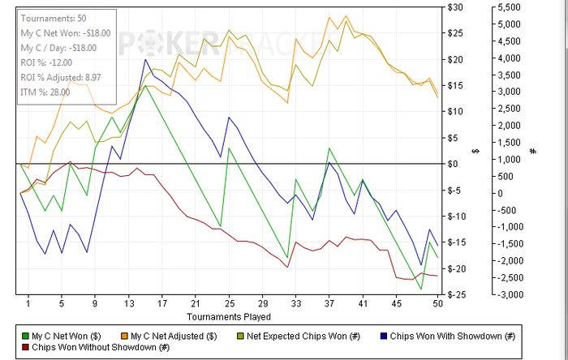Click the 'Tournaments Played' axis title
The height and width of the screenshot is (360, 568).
coord(229,315)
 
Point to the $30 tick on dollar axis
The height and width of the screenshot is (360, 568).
coord(456,7)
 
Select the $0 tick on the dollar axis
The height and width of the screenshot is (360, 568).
coord(458,164)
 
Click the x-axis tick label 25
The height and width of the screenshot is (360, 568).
coord(230,304)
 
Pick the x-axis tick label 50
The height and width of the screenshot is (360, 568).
coord(437,304)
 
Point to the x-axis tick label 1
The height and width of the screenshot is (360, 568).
coord(28,304)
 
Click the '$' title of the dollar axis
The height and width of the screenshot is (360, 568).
coord(476,151)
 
